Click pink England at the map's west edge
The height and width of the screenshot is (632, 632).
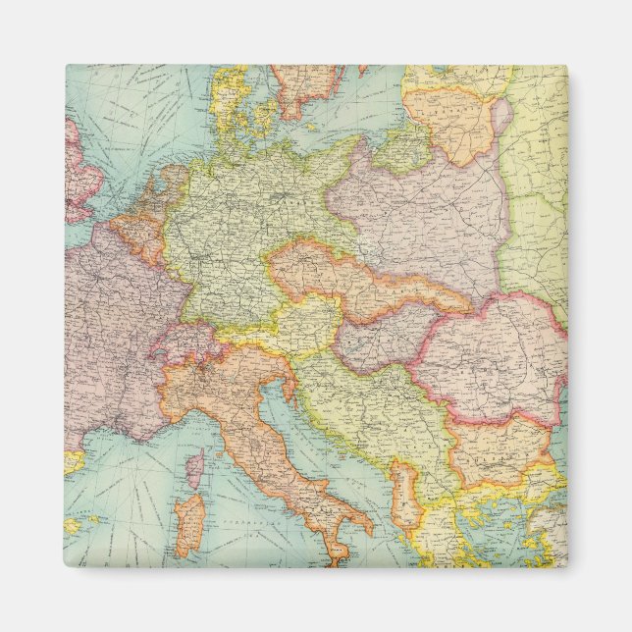(x=79, y=172)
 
